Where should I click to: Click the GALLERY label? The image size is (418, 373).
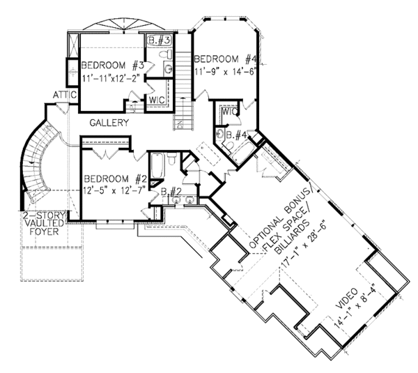point(109,123)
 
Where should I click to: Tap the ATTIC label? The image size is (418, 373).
point(65,95)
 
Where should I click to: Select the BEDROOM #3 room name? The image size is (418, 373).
point(112,66)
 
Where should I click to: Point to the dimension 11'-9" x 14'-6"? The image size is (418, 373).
point(225,72)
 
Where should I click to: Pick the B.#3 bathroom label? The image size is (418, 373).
point(159,40)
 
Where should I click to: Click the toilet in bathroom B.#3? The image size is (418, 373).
point(166,54)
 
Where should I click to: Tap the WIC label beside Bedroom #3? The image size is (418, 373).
point(157,100)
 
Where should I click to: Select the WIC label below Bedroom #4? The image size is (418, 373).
point(230,112)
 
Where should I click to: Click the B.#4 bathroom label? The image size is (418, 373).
point(236,135)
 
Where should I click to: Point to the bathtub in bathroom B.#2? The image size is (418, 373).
point(157,165)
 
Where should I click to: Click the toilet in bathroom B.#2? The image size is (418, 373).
point(171,158)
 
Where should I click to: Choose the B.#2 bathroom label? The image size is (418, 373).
point(171,192)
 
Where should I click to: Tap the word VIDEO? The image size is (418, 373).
point(346,298)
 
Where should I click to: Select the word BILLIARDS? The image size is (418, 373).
point(292,237)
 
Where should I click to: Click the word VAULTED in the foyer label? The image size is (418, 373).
point(44,223)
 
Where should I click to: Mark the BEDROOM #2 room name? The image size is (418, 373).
point(116,178)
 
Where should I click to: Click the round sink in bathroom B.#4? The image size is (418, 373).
point(220,133)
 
